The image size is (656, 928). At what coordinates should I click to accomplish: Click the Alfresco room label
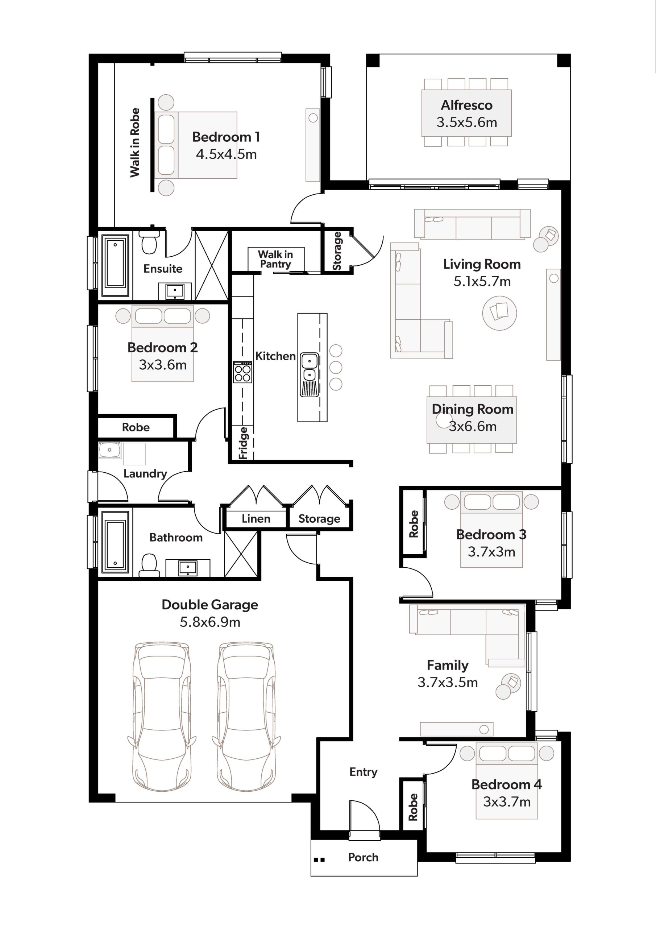466,105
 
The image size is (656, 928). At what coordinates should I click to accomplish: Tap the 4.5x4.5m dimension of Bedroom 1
227,154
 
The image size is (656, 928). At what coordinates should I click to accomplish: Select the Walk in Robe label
135,143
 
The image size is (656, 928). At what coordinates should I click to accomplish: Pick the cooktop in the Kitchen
242,372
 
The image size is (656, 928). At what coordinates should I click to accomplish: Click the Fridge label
243,443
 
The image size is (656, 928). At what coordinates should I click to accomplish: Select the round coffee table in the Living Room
499,313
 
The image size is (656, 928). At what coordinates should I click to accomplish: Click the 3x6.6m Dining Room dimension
473,426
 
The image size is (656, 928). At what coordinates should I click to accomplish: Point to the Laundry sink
109,450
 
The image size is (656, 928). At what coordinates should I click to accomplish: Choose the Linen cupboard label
256,519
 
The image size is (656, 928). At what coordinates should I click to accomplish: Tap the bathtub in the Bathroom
115,542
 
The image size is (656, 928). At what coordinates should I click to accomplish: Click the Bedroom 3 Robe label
414,524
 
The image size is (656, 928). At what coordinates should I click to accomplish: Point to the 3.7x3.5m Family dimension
448,682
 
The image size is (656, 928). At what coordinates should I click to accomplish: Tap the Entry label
364,772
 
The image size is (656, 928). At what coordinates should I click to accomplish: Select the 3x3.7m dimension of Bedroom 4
507,801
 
